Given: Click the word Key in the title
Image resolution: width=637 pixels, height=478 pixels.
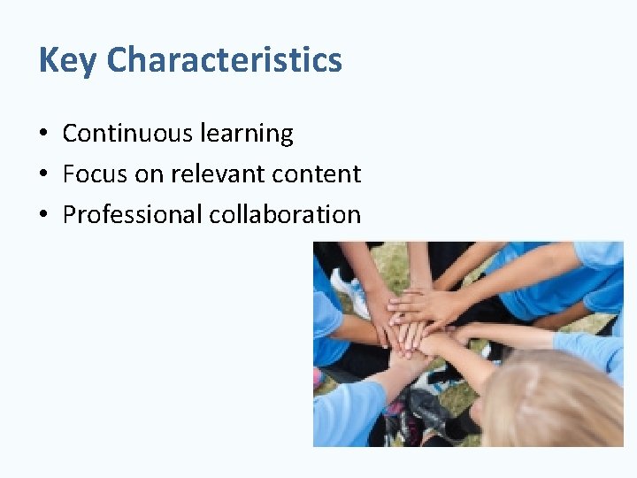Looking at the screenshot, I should [x=68, y=61].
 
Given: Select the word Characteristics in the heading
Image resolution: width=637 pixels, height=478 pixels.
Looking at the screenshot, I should [x=225, y=60].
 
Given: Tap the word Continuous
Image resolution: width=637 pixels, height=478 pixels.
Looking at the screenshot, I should [x=127, y=134].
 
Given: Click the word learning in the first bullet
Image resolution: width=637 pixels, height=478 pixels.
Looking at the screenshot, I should [x=246, y=134].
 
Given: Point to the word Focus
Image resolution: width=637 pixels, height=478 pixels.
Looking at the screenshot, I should [x=96, y=174].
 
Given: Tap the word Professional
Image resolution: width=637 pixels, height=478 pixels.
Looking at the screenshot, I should [x=133, y=215].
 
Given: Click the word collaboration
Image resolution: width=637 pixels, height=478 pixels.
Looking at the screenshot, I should [x=285, y=215].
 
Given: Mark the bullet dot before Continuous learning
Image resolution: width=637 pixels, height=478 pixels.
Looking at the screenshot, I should [x=43, y=135].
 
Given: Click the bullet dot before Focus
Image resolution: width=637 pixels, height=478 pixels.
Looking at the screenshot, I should [x=43, y=175].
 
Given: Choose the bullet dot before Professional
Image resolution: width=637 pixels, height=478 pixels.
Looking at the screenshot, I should [x=43, y=216].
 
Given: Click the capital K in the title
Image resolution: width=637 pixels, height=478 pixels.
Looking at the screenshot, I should [x=49, y=61].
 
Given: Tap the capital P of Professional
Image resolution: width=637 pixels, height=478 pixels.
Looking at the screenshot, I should [x=70, y=215].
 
